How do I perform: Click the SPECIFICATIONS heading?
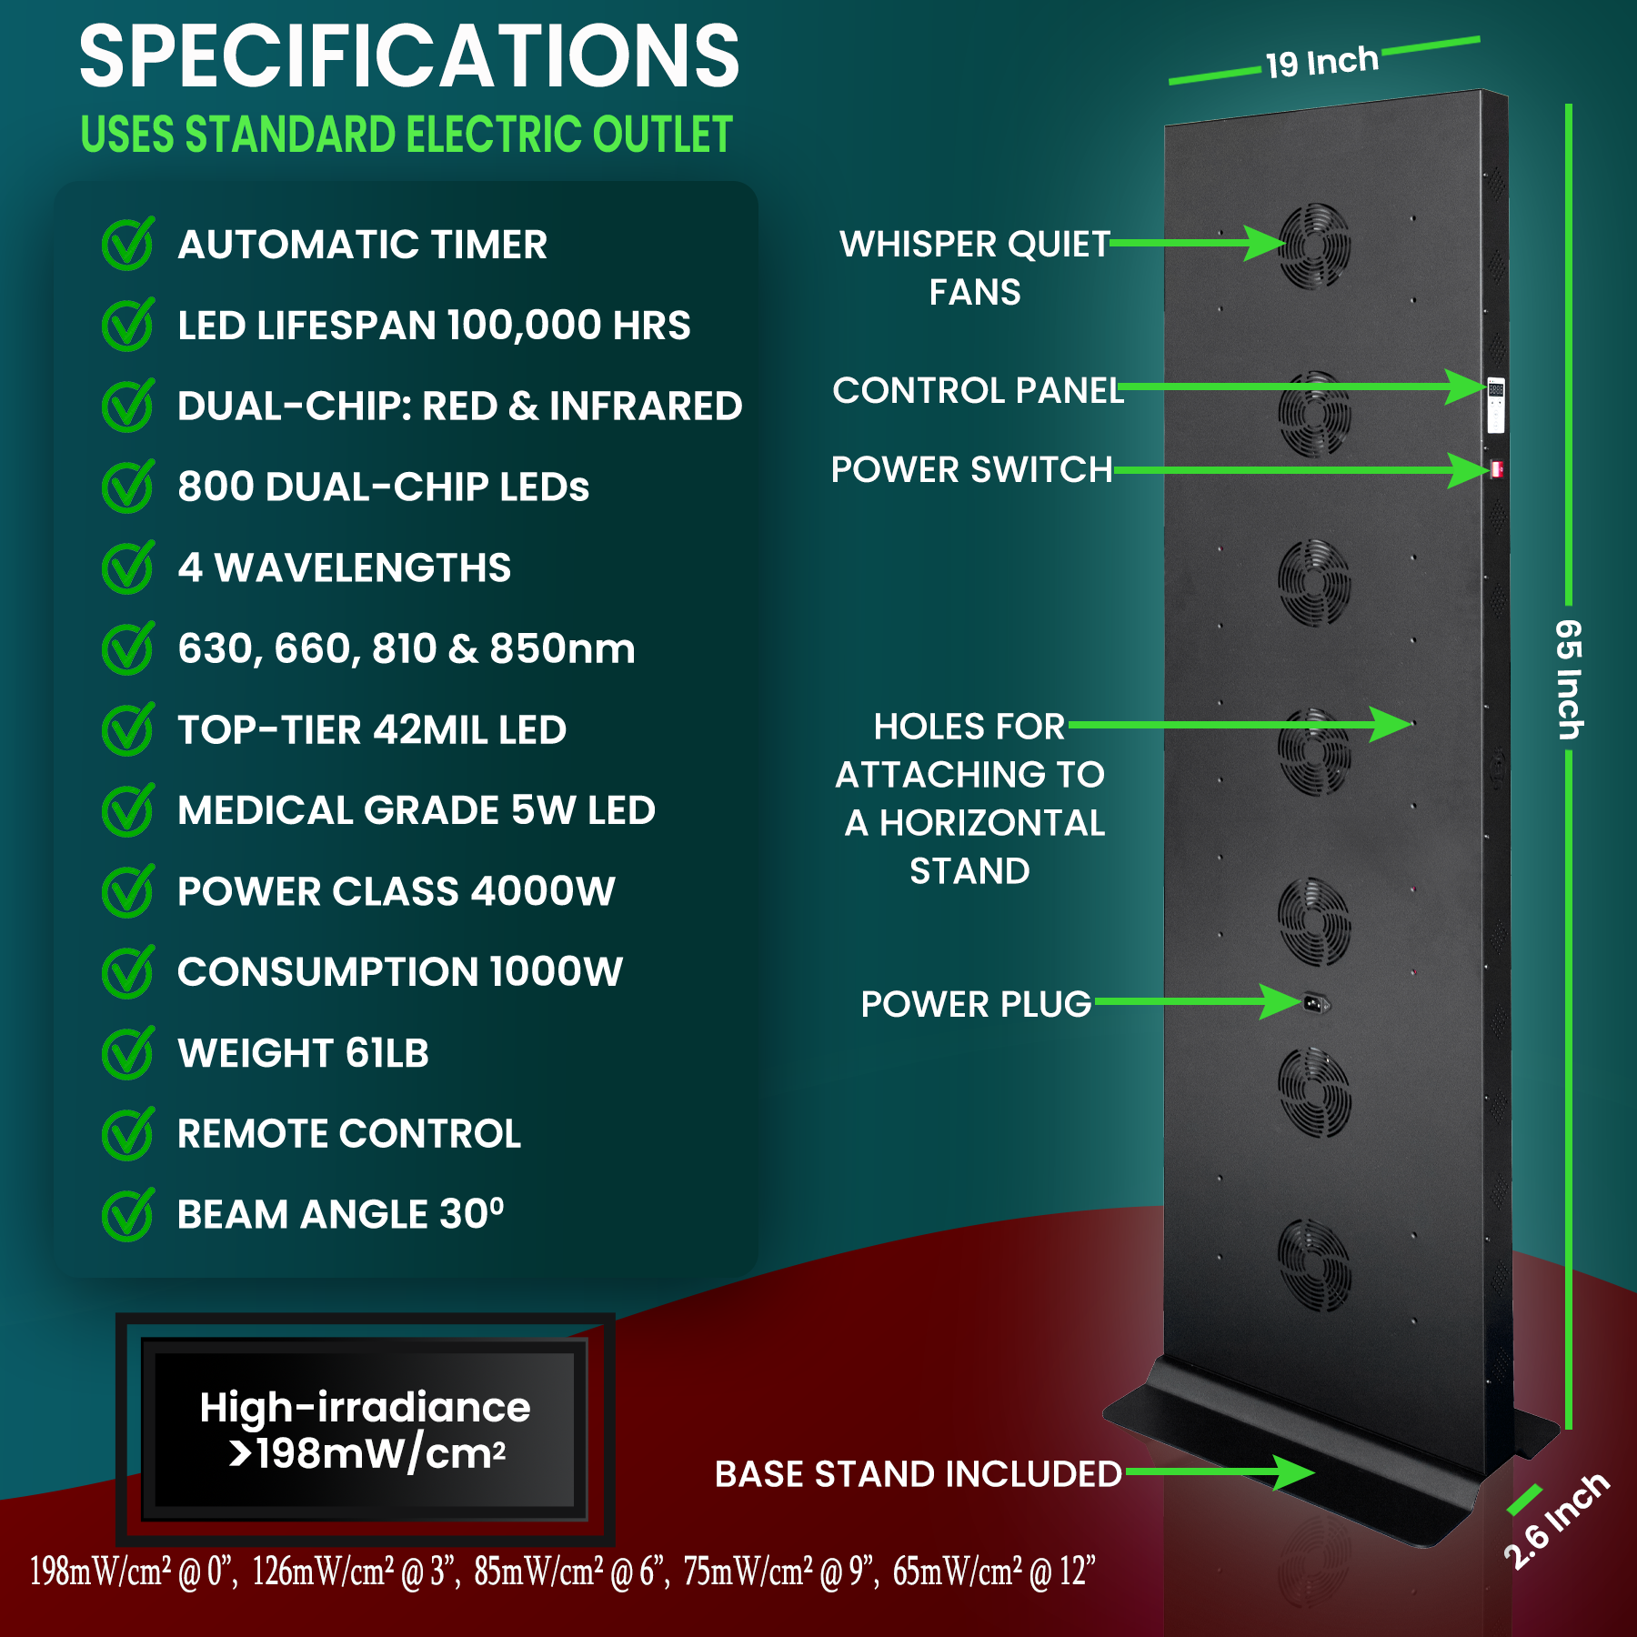[x=409, y=56]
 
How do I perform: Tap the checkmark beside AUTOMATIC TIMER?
[x=127, y=245]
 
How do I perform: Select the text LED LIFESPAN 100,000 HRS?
[x=434, y=326]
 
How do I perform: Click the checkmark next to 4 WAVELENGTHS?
[x=127, y=567]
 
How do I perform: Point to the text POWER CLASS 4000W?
[x=397, y=891]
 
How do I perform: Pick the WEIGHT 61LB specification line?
[x=303, y=1053]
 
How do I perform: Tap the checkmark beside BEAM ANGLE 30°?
[x=127, y=1215]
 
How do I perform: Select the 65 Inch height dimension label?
[x=1569, y=678]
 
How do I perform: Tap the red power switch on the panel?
[x=1496, y=469]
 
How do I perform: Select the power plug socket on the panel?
[x=1315, y=1003]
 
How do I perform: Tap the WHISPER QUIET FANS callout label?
[x=974, y=267]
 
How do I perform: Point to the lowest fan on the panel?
[x=1314, y=1265]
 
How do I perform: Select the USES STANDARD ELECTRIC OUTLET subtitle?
[x=407, y=135]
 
